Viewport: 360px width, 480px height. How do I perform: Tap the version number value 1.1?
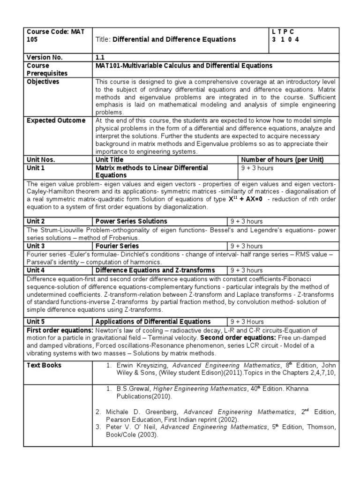[100, 57]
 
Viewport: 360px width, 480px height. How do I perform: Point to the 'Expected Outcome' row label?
[56, 120]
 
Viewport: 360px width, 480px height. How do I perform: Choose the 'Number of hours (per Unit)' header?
[282, 160]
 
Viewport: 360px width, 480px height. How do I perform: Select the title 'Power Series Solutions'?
[131, 221]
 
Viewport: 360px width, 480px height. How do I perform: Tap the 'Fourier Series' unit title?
[117, 246]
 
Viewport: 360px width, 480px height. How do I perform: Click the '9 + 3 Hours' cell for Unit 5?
[247, 322]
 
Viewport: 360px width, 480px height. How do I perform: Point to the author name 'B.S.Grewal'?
[132, 388]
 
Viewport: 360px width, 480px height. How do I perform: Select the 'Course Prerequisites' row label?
[47, 69]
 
